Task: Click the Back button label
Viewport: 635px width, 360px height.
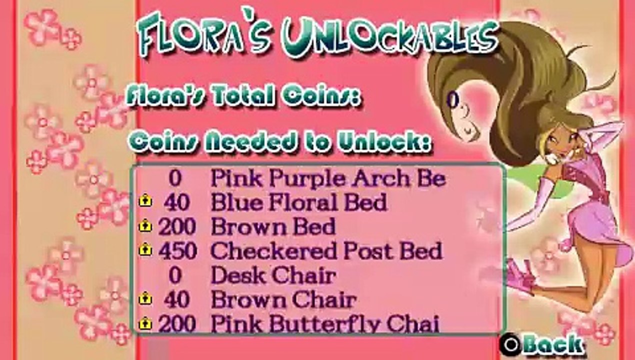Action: [553, 344]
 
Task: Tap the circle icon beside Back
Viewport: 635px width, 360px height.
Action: [510, 344]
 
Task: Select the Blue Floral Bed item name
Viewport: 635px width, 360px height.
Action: [298, 203]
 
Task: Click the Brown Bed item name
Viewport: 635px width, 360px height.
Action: [273, 227]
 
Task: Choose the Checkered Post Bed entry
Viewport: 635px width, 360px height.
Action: [326, 251]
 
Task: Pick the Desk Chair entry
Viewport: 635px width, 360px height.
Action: [273, 275]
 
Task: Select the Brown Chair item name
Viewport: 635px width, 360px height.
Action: [283, 300]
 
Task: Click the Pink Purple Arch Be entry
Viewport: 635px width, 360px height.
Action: [327, 178]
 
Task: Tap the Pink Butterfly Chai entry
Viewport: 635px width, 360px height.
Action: [325, 324]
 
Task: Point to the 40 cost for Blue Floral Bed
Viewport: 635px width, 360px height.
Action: [176, 203]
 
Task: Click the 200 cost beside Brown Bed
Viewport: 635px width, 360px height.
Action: [177, 227]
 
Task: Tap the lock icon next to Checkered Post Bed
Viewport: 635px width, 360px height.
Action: [145, 250]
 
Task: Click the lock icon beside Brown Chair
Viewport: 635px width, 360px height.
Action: [145, 299]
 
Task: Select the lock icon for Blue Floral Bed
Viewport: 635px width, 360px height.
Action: [145, 202]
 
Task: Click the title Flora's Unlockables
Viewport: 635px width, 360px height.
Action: [317, 38]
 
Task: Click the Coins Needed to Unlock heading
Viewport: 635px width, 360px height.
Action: [278, 142]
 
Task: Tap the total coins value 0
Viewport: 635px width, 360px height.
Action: [452, 100]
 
